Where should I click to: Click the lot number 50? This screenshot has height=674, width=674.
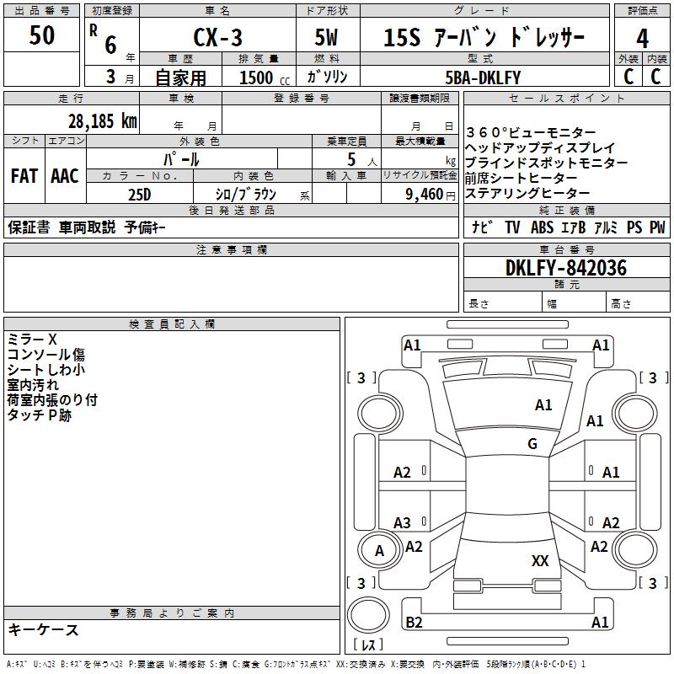pyautogui.click(x=41, y=35)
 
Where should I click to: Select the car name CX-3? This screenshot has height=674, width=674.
pyautogui.click(x=217, y=37)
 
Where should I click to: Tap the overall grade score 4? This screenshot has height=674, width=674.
pyautogui.click(x=642, y=39)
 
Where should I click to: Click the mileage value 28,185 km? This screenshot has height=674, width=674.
pyautogui.click(x=103, y=120)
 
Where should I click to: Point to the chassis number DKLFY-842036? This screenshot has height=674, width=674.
pyautogui.click(x=566, y=268)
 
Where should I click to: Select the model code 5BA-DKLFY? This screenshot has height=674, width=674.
pyautogui.click(x=483, y=78)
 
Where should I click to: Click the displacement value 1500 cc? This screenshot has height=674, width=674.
pyautogui.click(x=265, y=78)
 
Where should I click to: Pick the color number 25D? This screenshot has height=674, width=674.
pyautogui.click(x=140, y=195)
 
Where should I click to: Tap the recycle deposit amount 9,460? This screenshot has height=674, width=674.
pyautogui.click(x=425, y=194)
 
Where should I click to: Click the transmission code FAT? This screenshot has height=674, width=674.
pyautogui.click(x=24, y=176)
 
